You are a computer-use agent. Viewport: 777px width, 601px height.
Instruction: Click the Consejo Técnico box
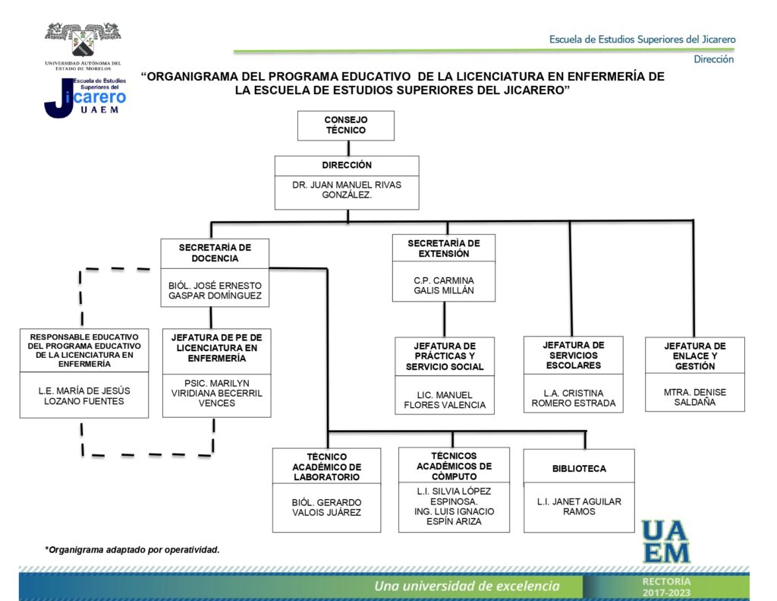pyautogui.click(x=345, y=125)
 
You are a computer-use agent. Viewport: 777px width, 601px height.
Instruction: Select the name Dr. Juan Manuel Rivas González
pyautogui.click(x=346, y=190)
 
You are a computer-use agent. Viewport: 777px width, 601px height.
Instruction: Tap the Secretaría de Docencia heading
pyautogui.click(x=215, y=252)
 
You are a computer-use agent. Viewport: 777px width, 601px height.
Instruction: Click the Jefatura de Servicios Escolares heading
pyautogui.click(x=573, y=355)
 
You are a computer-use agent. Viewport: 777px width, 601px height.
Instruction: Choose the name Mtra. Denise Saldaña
pyautogui.click(x=694, y=397)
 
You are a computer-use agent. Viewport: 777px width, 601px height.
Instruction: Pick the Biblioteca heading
pyautogui.click(x=579, y=469)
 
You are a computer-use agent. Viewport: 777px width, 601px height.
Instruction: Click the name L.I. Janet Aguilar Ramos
pyautogui.click(x=579, y=506)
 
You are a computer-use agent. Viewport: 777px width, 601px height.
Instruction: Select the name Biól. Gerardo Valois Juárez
pyautogui.click(x=326, y=507)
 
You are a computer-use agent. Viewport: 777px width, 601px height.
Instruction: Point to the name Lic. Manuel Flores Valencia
pyautogui.click(x=444, y=400)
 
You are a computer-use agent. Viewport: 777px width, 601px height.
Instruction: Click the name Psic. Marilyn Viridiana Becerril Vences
pyautogui.click(x=216, y=392)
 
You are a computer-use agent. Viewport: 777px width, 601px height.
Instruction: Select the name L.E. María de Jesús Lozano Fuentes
pyautogui.click(x=83, y=396)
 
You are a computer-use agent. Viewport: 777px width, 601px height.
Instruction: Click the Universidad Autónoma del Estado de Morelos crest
pyautogui.click(x=83, y=41)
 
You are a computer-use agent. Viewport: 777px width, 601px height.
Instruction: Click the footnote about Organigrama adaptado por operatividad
pyautogui.click(x=132, y=549)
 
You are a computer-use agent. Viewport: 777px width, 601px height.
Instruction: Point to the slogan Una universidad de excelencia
pyautogui.click(x=467, y=586)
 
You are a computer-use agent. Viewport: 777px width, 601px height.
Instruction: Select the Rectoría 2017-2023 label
pyautogui.click(x=666, y=587)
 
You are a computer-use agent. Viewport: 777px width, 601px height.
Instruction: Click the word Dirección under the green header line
pyautogui.click(x=713, y=59)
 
